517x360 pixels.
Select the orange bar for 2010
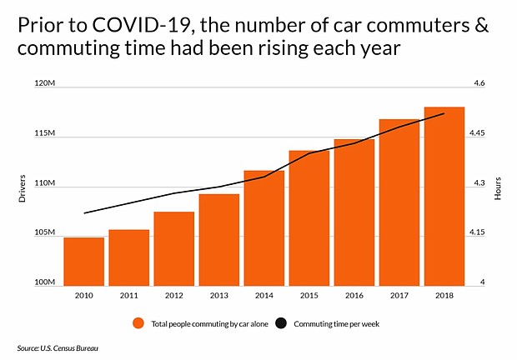coord(83,262)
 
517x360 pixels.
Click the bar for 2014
coord(264,228)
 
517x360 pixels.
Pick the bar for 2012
coord(173,249)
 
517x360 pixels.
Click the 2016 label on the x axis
coord(354,295)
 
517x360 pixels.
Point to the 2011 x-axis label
coord(128,295)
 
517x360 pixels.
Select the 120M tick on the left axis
coord(44,85)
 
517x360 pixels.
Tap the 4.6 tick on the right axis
coord(479,85)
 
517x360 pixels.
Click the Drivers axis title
coord(23,188)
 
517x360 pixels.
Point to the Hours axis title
coord(497,188)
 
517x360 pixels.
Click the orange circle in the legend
coord(138,322)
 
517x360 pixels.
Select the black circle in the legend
coord(283,322)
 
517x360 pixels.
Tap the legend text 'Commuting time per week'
coord(338,322)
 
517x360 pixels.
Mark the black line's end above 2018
coord(444,113)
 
